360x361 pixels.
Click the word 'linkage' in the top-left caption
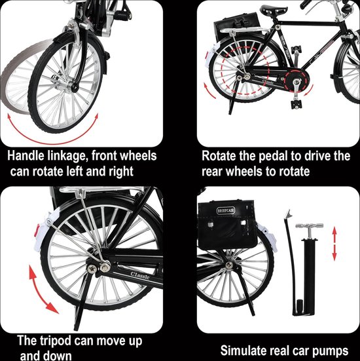tap(67, 156)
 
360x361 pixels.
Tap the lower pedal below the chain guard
tap(295, 104)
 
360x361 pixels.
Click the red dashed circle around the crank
tap(297, 81)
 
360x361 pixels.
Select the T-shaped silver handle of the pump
tap(309, 226)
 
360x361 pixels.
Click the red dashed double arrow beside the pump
tap(334, 244)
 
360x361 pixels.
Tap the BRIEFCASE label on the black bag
tap(226, 210)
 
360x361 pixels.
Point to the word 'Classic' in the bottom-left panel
tap(140, 275)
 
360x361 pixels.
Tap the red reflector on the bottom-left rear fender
tap(37, 231)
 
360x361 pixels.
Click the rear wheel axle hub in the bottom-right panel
tap(229, 265)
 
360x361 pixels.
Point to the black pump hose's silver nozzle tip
tap(287, 214)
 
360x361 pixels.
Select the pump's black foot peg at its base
tap(300, 305)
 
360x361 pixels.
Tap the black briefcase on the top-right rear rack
tap(237, 25)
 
